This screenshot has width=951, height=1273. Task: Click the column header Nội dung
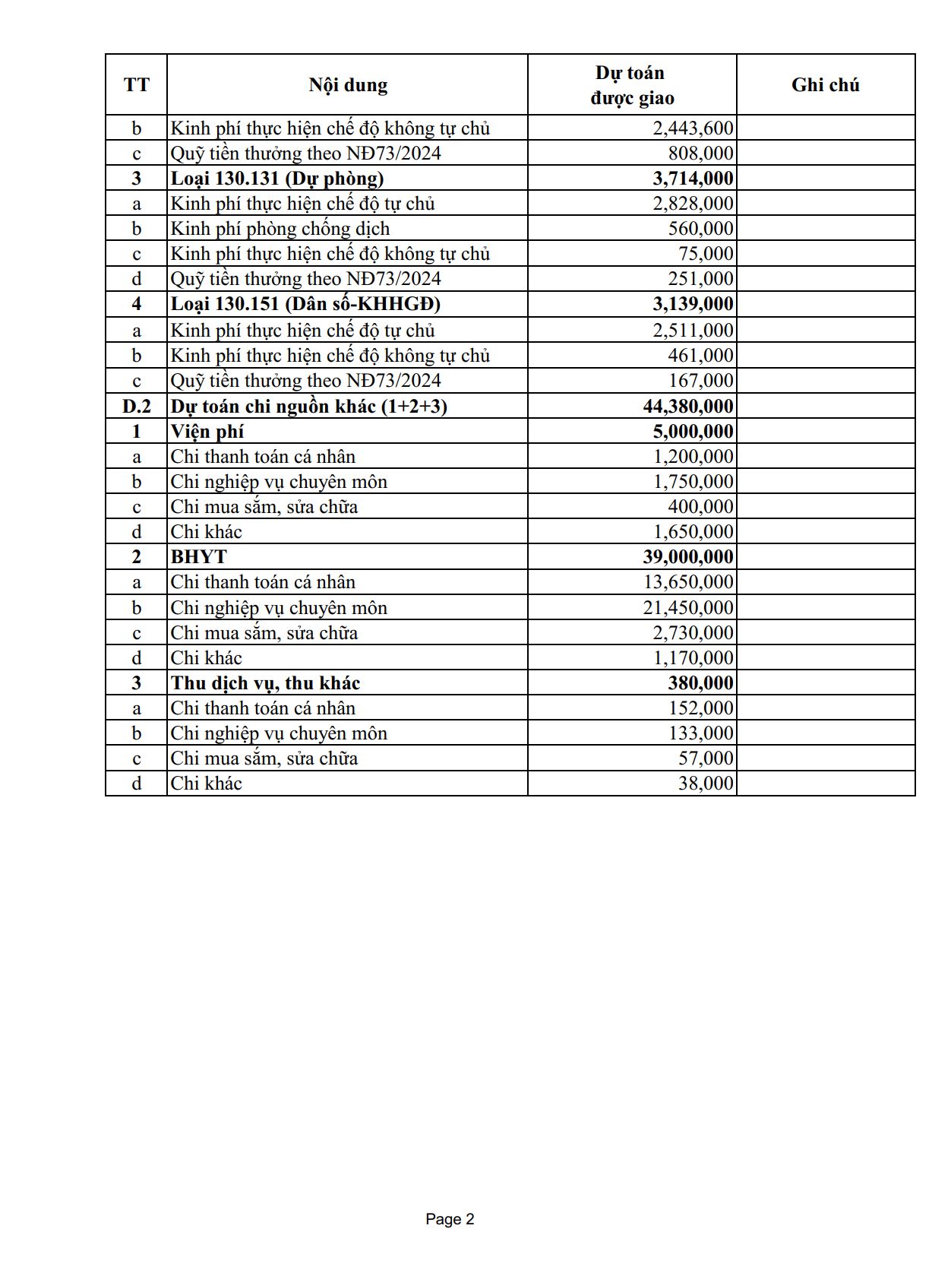[348, 84]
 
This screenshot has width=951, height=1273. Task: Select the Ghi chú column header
[825, 84]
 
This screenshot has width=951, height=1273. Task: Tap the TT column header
[137, 84]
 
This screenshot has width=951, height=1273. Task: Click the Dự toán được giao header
[631, 85]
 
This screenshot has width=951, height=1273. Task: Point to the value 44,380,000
[688, 406]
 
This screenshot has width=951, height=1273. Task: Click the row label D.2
[137, 406]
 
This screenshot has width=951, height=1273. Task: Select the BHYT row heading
[199, 556]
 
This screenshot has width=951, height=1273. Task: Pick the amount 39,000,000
[688, 556]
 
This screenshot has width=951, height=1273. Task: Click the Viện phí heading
[207, 431]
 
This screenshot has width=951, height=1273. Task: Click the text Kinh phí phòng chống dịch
[280, 228]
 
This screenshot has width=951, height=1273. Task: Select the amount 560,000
[700, 228]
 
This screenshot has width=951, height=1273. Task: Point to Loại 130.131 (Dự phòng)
[277, 178]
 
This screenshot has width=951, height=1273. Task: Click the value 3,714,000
[694, 178]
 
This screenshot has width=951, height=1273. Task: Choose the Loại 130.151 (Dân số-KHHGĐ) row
[305, 303]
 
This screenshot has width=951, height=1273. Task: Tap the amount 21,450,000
[688, 607]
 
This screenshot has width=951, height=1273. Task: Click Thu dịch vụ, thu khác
[265, 682]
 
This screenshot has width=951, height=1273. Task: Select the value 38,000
[706, 783]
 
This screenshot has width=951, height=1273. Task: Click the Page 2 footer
[450, 1219]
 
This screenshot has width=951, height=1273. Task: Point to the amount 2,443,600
[693, 128]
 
